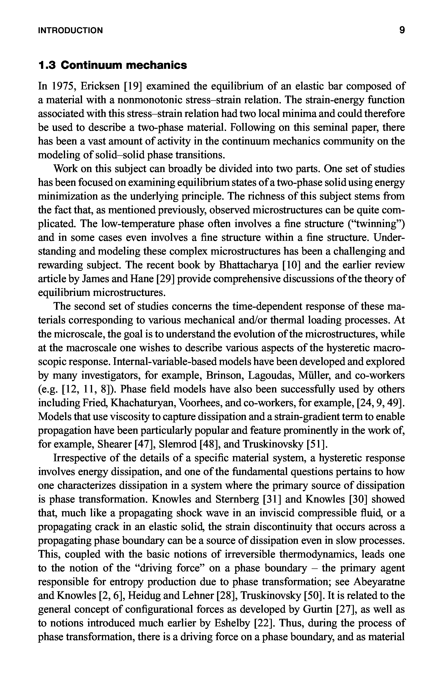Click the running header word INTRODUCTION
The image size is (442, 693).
point(70,30)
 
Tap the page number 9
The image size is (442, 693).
point(402,30)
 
